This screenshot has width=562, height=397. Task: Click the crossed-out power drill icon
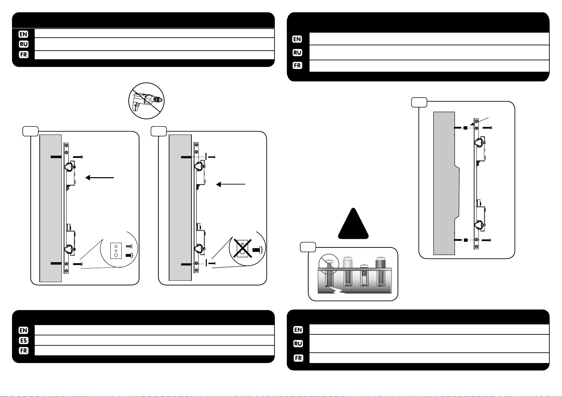click(x=147, y=100)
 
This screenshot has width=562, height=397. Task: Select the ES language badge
click(x=23, y=340)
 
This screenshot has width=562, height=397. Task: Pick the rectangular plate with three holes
click(x=117, y=251)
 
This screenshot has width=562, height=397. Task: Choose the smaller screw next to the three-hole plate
click(x=130, y=246)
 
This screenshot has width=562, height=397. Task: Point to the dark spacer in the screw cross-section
click(x=380, y=263)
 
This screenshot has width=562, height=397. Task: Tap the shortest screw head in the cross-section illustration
click(x=364, y=266)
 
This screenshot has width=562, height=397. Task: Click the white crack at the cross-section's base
click(x=340, y=291)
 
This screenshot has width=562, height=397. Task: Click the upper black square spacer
click(x=466, y=128)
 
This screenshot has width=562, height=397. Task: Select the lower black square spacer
click(x=466, y=240)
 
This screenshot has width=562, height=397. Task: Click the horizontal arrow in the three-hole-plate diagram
click(x=100, y=178)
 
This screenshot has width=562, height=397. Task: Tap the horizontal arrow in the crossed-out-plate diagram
click(x=231, y=184)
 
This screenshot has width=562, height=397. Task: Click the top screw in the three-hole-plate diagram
click(x=77, y=157)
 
